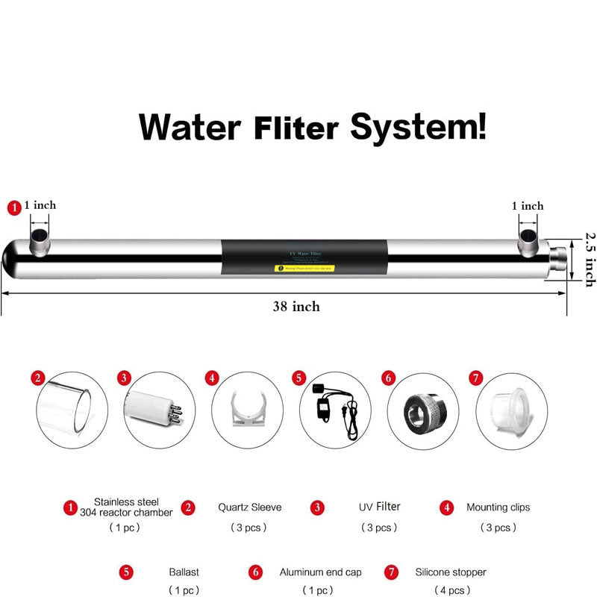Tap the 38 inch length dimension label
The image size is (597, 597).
tap(296, 306)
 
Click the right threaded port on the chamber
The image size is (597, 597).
tap(529, 237)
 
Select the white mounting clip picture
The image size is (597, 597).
tap(247, 411)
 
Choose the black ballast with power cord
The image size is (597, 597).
tap(334, 410)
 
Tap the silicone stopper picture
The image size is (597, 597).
tap(510, 410)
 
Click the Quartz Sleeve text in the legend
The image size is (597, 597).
tap(249, 507)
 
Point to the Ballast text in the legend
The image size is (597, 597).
tap(184, 572)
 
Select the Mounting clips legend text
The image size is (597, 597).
tap(498, 507)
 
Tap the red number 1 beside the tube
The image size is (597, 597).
tap(13, 208)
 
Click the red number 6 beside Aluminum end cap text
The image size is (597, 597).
tap(256, 572)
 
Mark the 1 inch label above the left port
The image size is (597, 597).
tap(40, 205)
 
